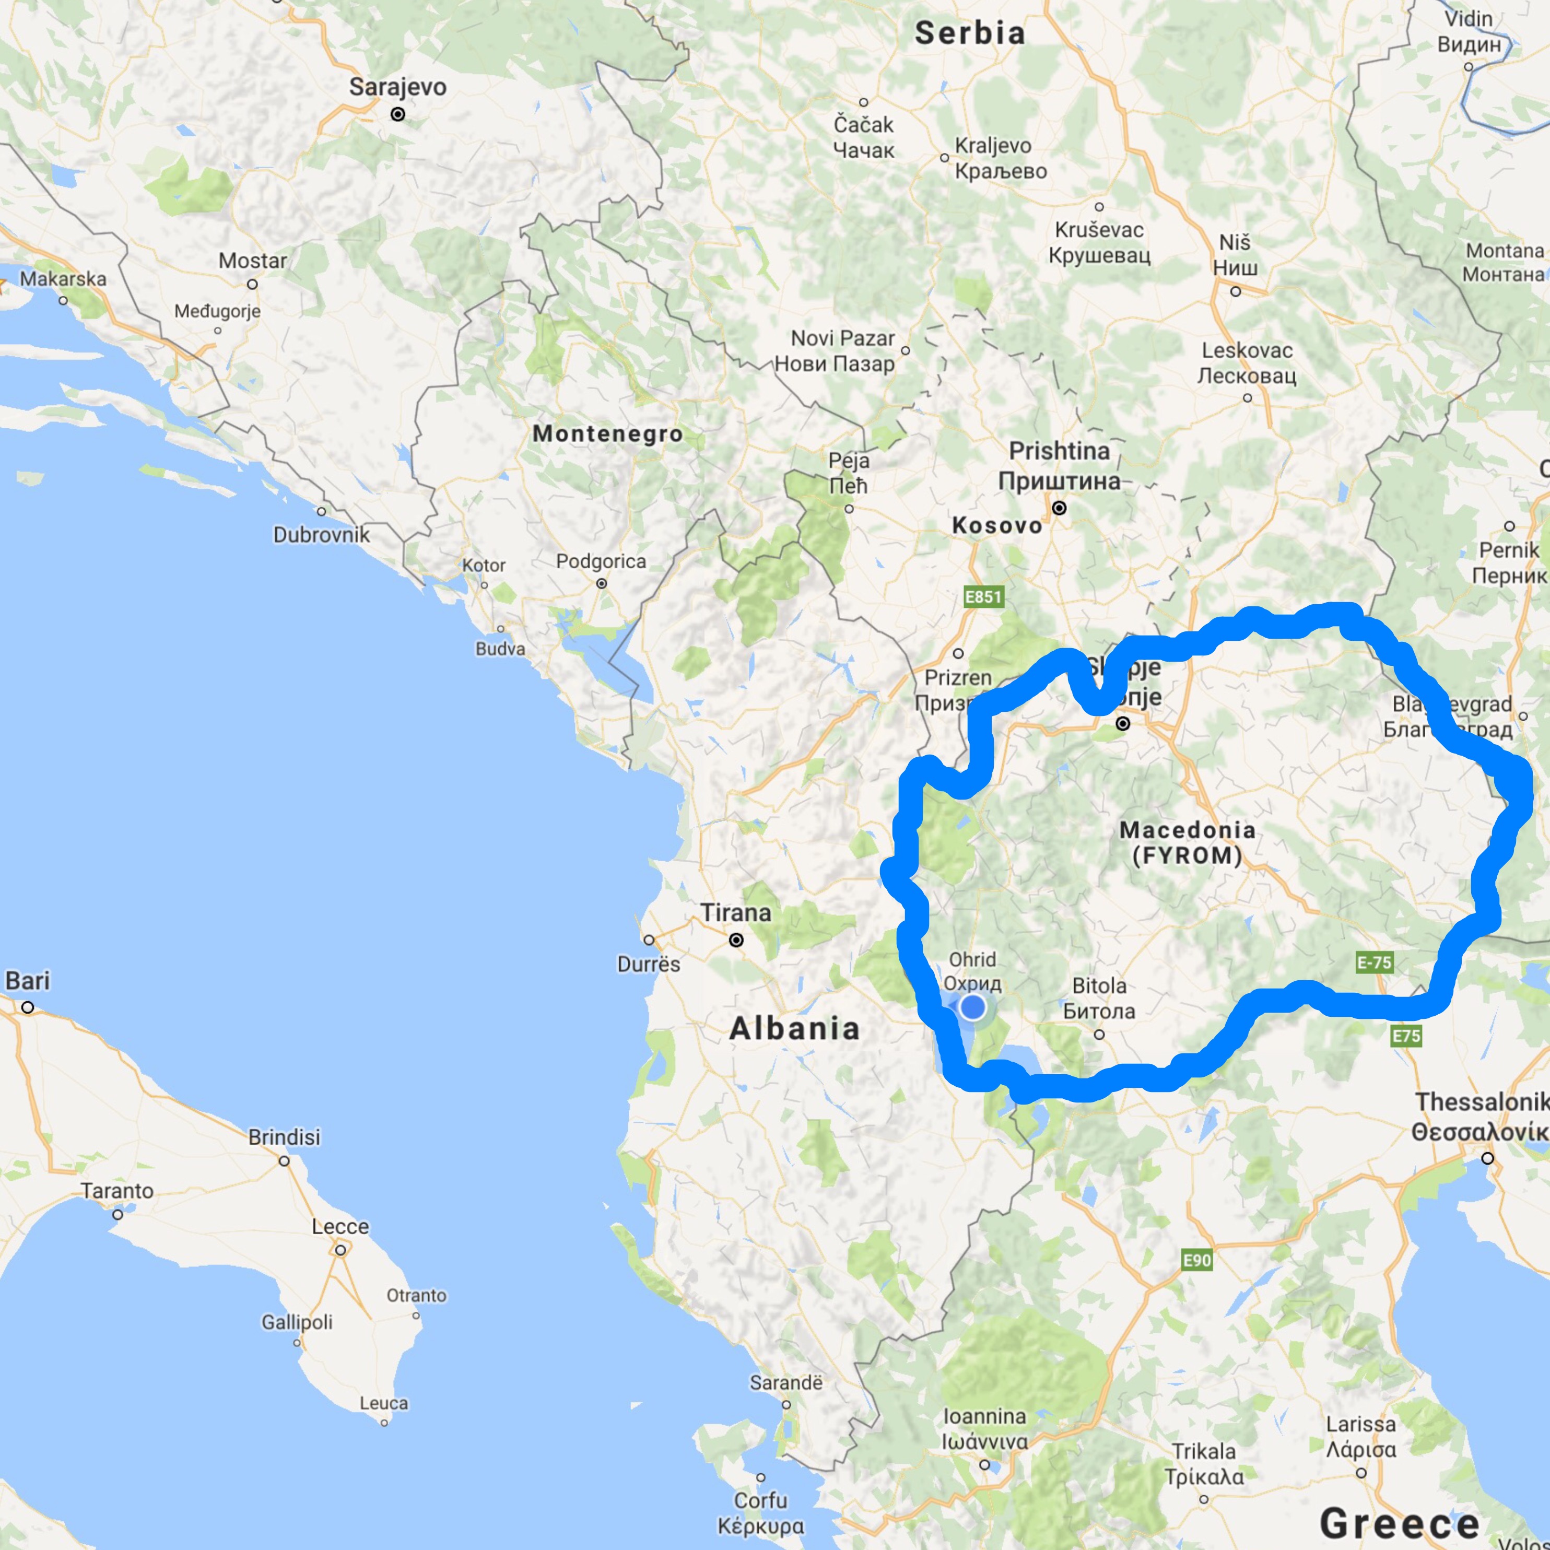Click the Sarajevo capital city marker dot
pyautogui.click(x=397, y=115)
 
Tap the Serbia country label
pyautogui.click(x=970, y=33)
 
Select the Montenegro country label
pyautogui.click(x=608, y=433)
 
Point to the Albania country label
pyautogui.click(x=794, y=1028)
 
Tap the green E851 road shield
pyautogui.click(x=983, y=596)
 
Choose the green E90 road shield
pyautogui.click(x=1197, y=1260)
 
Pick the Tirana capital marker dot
pyautogui.click(x=736, y=940)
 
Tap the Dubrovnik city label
pyautogui.click(x=322, y=534)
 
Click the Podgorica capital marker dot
pyautogui.click(x=602, y=583)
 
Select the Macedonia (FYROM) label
pyautogui.click(x=1188, y=842)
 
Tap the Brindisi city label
pyautogui.click(x=284, y=1137)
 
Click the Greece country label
pyautogui.click(x=1400, y=1522)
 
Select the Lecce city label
pyautogui.click(x=340, y=1227)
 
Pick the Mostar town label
pyautogui.click(x=253, y=261)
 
